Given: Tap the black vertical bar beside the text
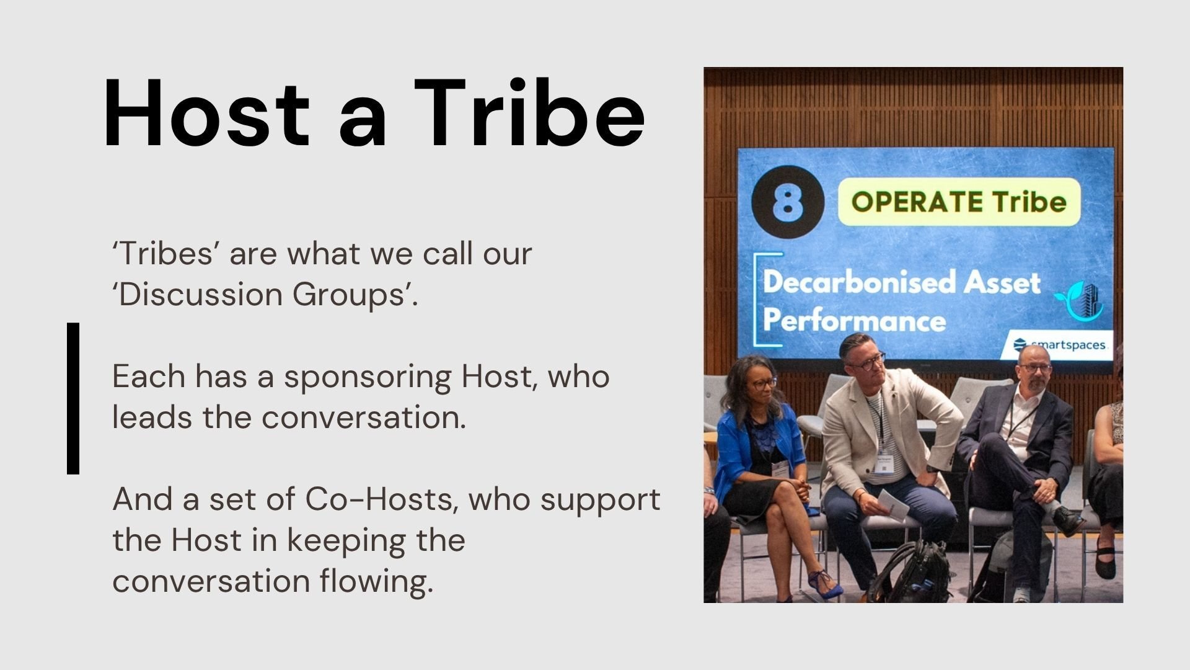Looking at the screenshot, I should tap(73, 398).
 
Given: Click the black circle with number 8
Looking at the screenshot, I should tap(788, 203).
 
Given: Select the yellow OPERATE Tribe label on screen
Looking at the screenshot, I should tap(958, 202).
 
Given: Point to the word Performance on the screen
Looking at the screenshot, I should tap(854, 321).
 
